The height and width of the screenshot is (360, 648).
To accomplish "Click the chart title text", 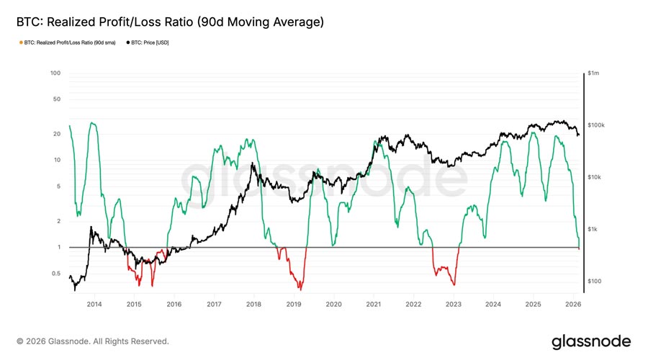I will point(170,22).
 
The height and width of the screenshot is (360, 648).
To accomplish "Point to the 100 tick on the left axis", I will point(55,73).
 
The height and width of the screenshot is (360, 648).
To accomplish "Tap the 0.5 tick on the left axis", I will point(55,274).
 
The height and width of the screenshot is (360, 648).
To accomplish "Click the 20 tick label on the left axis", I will point(56,134).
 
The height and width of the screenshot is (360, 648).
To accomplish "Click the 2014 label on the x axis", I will point(94,305).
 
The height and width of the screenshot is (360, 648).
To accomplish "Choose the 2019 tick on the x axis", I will point(294,305).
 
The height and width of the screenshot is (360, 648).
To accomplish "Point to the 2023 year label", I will point(454,305).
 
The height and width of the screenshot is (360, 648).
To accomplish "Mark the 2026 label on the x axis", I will point(573,305).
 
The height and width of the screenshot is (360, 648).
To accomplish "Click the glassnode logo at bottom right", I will point(590,341).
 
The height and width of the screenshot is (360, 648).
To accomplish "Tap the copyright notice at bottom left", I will point(93,341).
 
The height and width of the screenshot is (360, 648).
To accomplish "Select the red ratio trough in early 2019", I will point(300,289).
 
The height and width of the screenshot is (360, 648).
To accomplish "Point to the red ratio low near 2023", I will point(454,285).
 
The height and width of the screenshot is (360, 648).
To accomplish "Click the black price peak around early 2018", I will point(251,164).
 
